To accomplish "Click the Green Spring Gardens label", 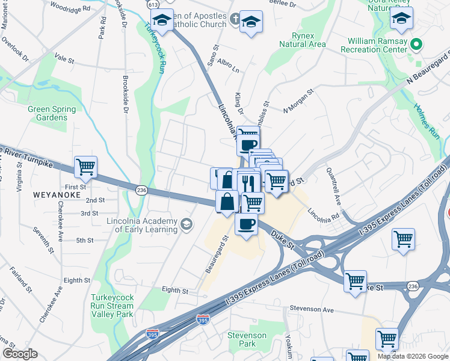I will [52, 113].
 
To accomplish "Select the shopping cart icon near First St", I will [85, 167].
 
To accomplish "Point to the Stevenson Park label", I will [247, 339].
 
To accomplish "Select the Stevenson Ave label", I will [311, 309].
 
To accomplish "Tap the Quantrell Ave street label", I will [333, 188].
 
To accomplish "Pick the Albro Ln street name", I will [224, 63].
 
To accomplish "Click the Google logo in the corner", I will [20, 354].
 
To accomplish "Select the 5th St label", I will [85, 240].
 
